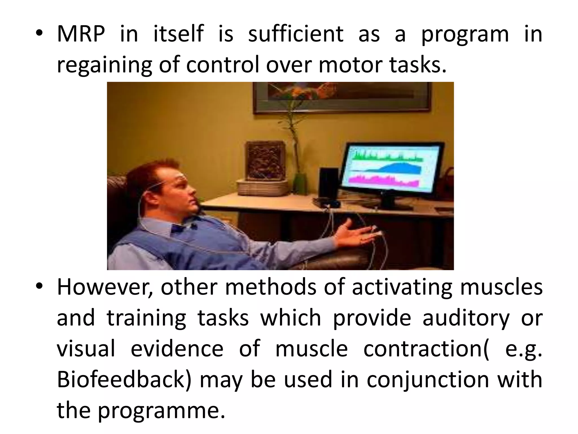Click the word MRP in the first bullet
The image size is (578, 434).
80,34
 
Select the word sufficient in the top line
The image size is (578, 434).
295,34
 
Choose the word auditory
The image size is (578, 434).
466,318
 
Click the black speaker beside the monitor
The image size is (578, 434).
329,184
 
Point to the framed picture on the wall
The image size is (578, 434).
341,96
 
